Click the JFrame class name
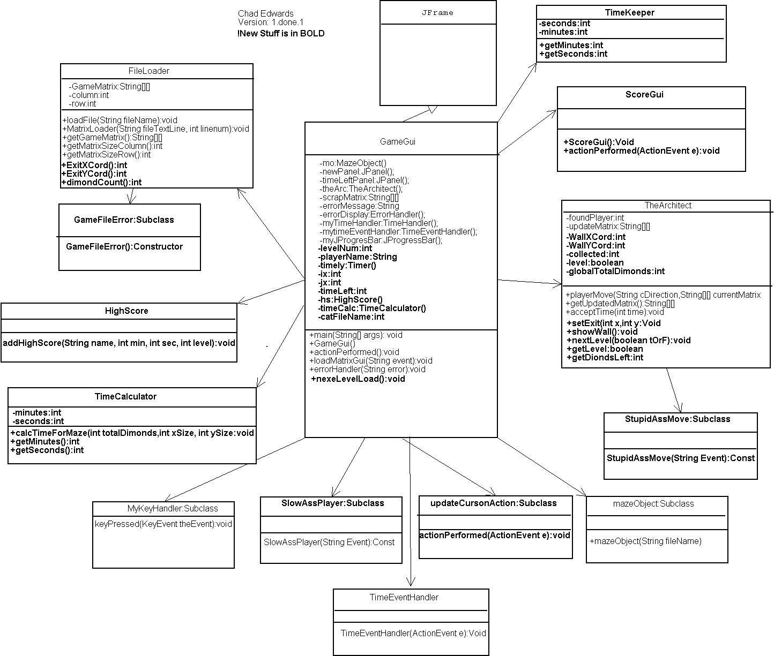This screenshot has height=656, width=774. tap(437, 13)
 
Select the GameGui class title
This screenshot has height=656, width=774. tap(398, 142)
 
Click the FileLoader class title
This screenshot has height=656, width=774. tap(149, 71)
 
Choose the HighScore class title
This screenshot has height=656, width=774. tap(126, 311)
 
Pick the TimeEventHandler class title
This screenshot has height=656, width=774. tap(404, 598)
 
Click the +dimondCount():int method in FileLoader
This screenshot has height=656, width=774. tap(102, 183)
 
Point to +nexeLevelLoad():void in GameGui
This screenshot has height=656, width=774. tap(358, 379)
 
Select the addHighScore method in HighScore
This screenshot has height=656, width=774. tap(119, 343)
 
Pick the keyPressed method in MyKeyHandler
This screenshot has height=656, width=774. tap(163, 524)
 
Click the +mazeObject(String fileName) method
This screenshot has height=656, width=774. tap(645, 541)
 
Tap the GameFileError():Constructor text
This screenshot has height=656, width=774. tap(124, 247)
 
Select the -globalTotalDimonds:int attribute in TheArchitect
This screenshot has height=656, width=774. tap(615, 272)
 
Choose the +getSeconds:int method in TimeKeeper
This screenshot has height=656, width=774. tap(573, 54)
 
